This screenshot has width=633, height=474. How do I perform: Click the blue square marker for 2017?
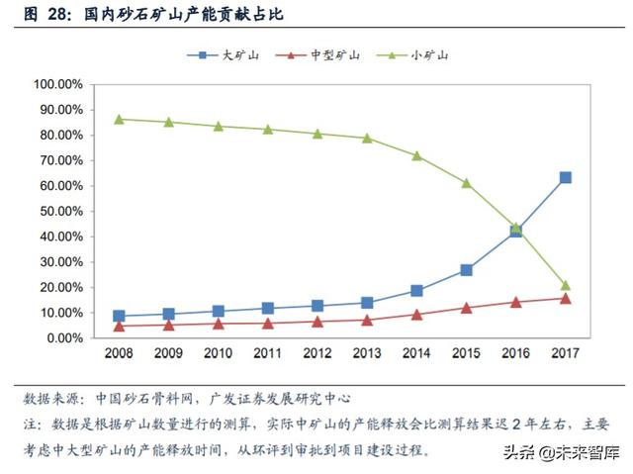[565, 177]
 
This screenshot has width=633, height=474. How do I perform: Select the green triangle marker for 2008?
[119, 119]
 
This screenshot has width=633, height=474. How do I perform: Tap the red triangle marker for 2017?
[565, 298]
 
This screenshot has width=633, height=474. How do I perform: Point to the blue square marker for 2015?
[466, 269]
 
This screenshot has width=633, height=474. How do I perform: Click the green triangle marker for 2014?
[416, 155]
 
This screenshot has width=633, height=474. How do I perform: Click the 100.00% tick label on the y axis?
[58, 84]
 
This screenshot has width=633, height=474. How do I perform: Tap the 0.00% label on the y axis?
[64, 337]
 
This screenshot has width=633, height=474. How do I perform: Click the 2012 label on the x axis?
[316, 353]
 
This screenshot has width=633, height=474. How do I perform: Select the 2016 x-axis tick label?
[515, 353]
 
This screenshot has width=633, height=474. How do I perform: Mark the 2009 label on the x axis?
[168, 353]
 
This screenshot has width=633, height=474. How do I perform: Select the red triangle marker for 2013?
[367, 320]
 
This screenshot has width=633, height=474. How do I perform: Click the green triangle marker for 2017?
[565, 285]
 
